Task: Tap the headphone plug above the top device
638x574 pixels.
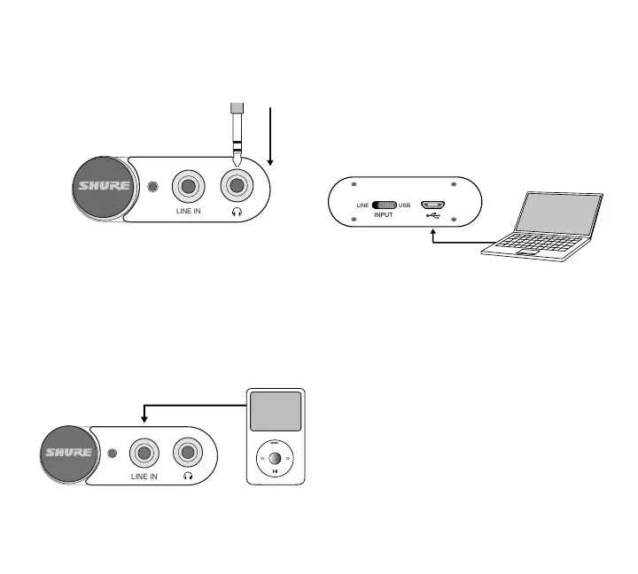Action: tap(235, 133)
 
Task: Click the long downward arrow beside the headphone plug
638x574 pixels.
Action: tap(271, 137)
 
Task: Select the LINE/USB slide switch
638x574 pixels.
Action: tap(385, 206)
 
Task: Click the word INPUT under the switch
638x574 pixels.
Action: tap(385, 214)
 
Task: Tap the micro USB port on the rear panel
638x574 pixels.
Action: tap(432, 205)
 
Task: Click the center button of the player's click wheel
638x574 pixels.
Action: tap(276, 459)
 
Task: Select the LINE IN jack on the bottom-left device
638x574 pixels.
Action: tap(144, 454)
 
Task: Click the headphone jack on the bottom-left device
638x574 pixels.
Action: tap(187, 454)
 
